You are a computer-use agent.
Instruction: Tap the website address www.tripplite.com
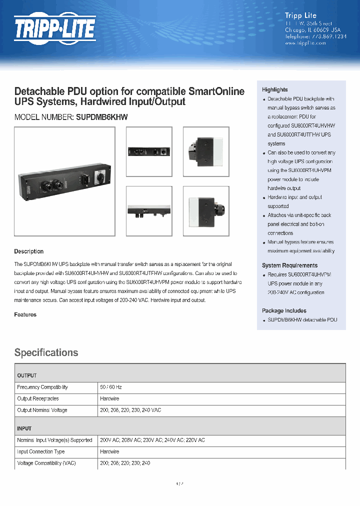point(305,43)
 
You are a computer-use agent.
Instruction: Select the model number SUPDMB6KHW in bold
point(102,117)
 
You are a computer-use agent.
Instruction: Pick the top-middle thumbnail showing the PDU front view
point(149,151)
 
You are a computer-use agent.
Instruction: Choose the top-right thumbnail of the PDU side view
point(206,151)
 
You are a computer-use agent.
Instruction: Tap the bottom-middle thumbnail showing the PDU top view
point(149,210)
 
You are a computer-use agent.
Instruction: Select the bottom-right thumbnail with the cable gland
point(206,210)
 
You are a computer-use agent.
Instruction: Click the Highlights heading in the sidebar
point(275,89)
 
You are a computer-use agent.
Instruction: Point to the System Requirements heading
point(289,265)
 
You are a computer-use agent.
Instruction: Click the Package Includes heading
point(284,310)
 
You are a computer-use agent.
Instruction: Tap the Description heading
point(28,251)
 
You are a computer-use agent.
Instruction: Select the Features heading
point(25,314)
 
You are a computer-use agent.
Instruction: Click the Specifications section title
point(46,352)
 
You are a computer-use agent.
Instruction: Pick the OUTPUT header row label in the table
point(26,375)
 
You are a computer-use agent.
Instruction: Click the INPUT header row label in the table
point(24,428)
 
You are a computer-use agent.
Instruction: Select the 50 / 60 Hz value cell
point(111,387)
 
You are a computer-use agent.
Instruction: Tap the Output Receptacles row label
point(38,399)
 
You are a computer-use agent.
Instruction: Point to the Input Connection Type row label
point(41,451)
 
